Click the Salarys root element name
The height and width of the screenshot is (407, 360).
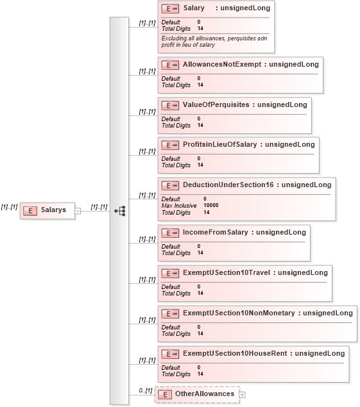53,210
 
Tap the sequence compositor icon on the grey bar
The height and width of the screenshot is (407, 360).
120,211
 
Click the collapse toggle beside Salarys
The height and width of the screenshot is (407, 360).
78,211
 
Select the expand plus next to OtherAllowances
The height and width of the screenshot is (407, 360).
242,395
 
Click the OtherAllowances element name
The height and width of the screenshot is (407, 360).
205,394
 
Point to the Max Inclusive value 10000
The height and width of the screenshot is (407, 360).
210,205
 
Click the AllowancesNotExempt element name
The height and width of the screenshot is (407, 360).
222,64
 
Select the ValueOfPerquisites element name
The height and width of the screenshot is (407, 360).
216,104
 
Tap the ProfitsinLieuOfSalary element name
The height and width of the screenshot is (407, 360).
220,144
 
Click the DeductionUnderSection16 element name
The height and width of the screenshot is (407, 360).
228,185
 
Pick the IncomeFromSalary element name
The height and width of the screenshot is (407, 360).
216,232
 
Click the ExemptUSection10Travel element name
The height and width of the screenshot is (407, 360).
227,272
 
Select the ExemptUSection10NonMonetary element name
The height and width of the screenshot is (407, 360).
239,313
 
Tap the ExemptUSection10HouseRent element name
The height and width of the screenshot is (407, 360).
235,353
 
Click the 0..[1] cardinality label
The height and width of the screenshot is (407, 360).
146,390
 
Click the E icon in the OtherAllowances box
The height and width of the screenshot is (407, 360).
165,395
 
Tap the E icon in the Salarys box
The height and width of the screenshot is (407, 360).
30,211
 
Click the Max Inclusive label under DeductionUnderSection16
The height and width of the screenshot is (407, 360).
179,206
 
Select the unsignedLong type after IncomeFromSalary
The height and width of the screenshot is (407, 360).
281,232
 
